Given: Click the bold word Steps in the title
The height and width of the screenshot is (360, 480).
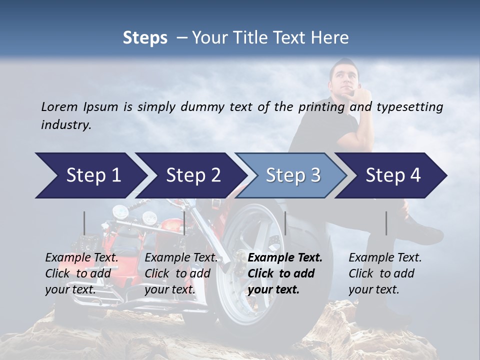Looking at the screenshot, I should pos(145,38).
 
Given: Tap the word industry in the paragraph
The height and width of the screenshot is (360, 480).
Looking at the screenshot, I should pos(65,125).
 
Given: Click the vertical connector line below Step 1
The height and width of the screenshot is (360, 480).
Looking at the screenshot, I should pos(84,223).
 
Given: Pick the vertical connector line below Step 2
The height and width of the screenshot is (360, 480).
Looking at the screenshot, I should pos(184,223).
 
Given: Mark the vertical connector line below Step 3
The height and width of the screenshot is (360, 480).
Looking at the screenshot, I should pos(285,223).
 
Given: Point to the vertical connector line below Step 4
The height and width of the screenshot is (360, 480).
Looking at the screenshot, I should pos(386,223).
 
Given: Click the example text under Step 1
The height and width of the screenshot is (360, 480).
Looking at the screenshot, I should pos(81,273).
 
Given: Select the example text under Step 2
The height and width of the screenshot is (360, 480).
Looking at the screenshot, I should pos(181,273).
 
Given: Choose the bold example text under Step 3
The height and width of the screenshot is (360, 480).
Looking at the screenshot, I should pos(285,273).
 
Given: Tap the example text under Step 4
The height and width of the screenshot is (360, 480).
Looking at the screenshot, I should pos(385,273).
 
